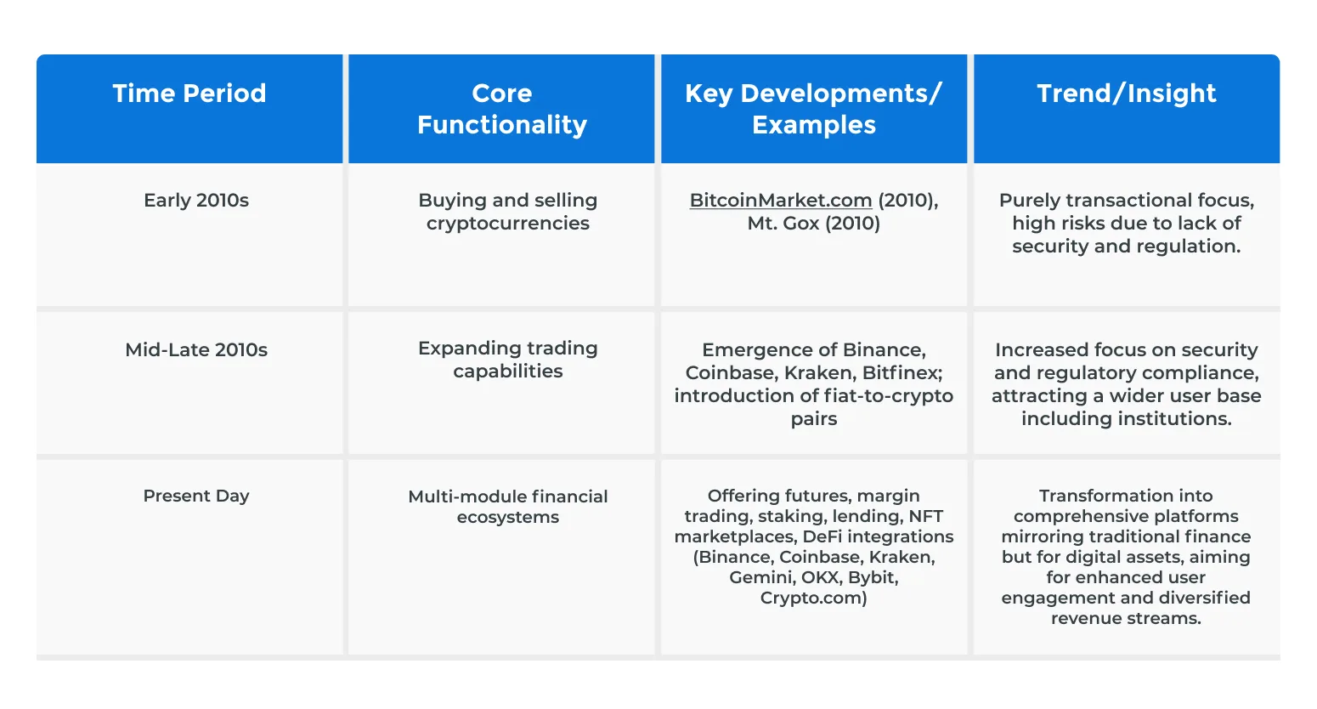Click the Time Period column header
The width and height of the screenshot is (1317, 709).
[x=189, y=94]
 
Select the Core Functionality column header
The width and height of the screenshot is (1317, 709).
[x=501, y=109]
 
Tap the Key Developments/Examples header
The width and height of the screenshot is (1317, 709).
[x=814, y=109]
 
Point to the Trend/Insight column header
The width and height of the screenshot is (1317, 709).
[x=1126, y=94]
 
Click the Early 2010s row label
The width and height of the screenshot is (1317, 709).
[x=196, y=201]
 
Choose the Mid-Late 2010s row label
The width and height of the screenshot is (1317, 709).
[x=196, y=350]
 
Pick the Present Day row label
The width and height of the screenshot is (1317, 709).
[x=196, y=496]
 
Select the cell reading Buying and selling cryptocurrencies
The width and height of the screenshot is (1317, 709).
[x=508, y=212]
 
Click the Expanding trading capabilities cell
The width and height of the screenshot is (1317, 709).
[x=508, y=360]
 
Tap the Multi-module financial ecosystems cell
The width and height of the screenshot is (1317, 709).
[x=508, y=507]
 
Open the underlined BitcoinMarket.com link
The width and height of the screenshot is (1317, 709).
[x=781, y=201]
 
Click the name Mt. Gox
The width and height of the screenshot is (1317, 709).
[x=783, y=224]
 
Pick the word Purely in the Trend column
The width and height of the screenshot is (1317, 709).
[x=1029, y=201]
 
